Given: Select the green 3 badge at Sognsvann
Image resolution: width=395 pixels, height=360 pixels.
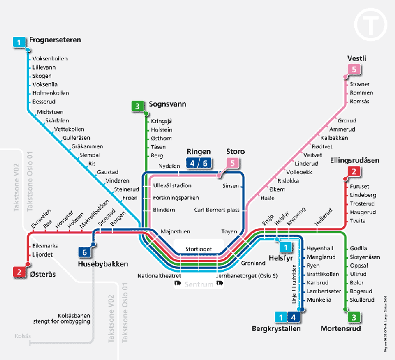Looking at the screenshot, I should [x=138, y=106].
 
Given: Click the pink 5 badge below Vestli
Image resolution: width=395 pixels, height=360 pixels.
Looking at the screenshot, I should [x=354, y=69].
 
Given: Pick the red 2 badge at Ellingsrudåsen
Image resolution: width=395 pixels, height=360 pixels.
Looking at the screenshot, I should [x=354, y=172].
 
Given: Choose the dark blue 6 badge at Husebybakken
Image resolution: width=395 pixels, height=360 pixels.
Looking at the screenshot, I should [x=85, y=252].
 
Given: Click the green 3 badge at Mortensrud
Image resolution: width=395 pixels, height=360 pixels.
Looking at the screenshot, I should [x=354, y=318].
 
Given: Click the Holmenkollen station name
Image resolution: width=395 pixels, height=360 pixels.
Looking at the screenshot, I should [x=51, y=93].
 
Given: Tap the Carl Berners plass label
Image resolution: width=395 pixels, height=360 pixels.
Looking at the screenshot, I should [x=217, y=209].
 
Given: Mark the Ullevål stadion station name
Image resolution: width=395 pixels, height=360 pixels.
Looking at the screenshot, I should [x=172, y=185].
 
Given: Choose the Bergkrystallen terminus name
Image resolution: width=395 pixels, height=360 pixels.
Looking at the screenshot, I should [x=276, y=328].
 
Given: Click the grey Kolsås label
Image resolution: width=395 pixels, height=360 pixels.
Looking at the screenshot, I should [x=23, y=336].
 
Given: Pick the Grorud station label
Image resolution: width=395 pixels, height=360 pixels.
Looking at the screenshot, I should [x=347, y=120].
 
